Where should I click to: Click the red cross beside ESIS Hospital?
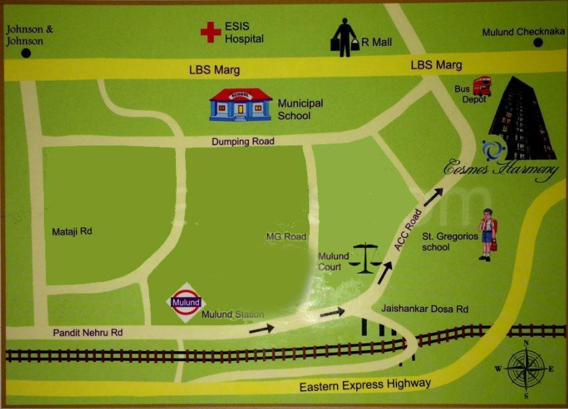[x=210, y=32]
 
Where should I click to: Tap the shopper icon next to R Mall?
[x=345, y=37]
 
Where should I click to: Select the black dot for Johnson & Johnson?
[x=26, y=53]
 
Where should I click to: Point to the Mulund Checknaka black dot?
[x=537, y=43]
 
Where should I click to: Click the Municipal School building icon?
[x=240, y=104]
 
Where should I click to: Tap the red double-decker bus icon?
[x=481, y=86]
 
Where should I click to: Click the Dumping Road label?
[x=242, y=141]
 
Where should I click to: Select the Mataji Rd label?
[x=72, y=232]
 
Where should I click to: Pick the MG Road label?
[x=286, y=237]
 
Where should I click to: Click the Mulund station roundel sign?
[x=186, y=303]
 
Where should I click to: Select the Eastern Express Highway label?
[x=365, y=384]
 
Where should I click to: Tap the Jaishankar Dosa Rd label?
[x=425, y=309]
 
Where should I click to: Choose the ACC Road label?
[x=408, y=230]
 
